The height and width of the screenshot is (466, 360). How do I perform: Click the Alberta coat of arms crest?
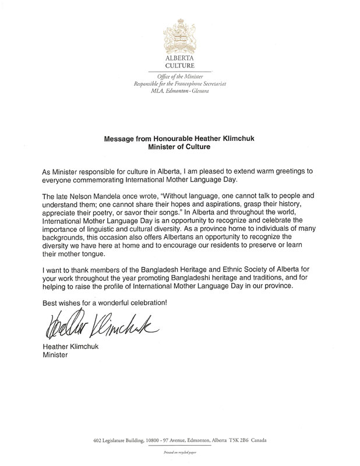click(x=180, y=34)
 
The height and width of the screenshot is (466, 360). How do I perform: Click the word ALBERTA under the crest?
click(x=180, y=59)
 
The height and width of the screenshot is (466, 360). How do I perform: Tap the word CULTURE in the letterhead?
click(x=180, y=66)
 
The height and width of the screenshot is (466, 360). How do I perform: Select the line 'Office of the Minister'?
click(x=180, y=77)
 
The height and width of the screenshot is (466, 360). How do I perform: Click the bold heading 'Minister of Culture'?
click(x=179, y=147)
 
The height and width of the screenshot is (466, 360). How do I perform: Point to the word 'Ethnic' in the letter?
click(x=216, y=270)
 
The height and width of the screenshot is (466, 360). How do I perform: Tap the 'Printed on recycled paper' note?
click(x=180, y=451)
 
